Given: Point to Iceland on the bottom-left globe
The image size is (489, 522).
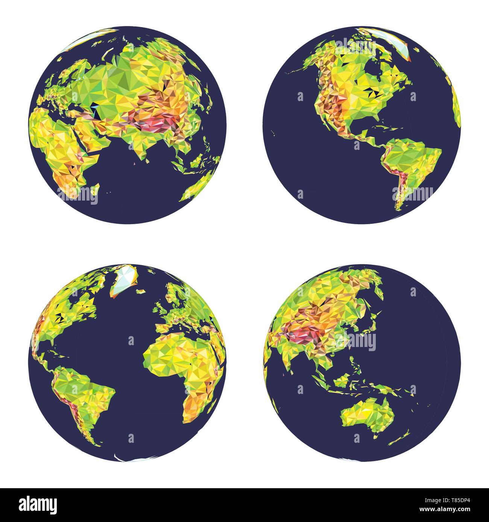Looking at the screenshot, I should click(x=141, y=291).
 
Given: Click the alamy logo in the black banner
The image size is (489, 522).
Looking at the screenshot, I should click(x=39, y=504).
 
